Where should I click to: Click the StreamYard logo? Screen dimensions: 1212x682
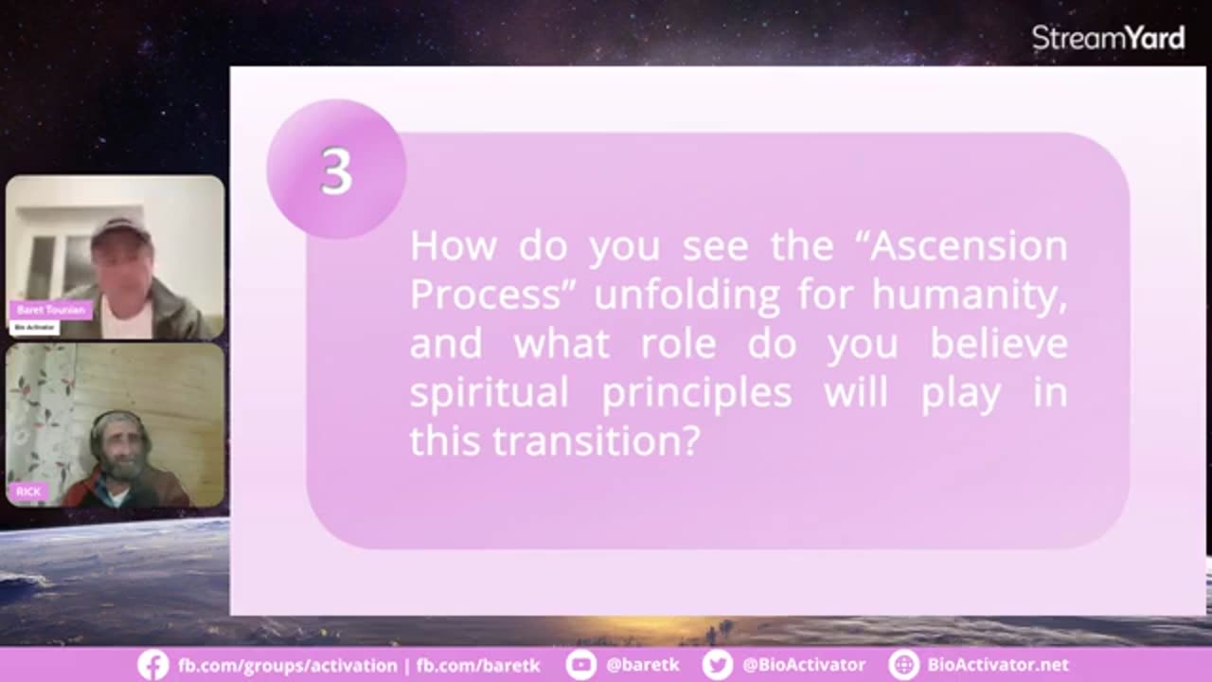point(1108,39)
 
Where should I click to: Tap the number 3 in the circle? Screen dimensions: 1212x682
point(336,171)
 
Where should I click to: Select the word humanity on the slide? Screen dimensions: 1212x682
point(970,296)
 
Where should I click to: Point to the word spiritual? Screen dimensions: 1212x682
point(490,393)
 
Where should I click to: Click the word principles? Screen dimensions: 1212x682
point(697,393)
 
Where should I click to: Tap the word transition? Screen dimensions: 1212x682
point(597,441)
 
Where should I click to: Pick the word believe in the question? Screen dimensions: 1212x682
point(999,343)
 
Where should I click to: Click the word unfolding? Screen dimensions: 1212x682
point(686,296)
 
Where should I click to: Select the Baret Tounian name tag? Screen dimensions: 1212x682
point(51,310)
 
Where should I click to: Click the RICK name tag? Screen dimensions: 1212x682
point(28,492)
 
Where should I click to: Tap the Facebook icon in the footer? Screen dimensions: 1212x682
point(153,665)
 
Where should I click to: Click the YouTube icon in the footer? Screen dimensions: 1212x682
point(581,665)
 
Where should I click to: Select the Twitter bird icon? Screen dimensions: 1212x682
point(718,665)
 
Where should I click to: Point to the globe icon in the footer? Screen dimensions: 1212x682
point(903,665)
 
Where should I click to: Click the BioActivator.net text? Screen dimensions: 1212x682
point(998,665)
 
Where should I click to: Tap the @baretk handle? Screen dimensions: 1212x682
point(643,665)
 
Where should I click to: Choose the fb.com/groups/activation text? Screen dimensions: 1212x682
point(287,665)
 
